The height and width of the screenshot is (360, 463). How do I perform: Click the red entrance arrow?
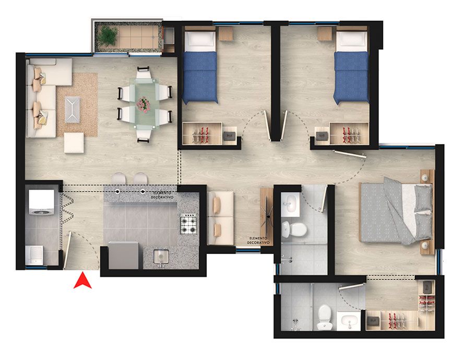pyautogui.click(x=82, y=281)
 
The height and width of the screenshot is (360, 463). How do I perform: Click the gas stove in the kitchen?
pyautogui.click(x=188, y=224)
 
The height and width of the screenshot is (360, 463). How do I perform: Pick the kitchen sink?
pyautogui.click(x=161, y=257)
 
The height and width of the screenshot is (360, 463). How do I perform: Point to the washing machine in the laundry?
pyautogui.click(x=41, y=202)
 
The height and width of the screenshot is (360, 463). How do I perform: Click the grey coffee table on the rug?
pyautogui.click(x=73, y=110)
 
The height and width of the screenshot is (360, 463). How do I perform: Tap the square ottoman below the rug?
pyautogui.click(x=74, y=143)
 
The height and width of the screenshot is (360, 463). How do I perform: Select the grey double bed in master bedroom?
pyautogui.click(x=396, y=211)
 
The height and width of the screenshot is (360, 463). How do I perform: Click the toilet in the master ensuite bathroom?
pyautogui.click(x=325, y=318)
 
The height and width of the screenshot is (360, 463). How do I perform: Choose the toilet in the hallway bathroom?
pyautogui.click(x=294, y=229)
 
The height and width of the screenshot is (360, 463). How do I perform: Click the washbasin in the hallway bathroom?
pyautogui.click(x=291, y=203)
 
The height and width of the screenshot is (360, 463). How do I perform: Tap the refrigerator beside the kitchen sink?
pyautogui.click(x=123, y=256)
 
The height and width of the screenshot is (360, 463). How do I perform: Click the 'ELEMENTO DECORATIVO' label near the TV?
pyautogui.click(x=259, y=240)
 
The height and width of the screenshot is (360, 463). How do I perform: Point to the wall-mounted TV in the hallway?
pyautogui.click(x=267, y=217)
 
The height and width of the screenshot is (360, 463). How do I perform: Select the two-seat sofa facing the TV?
pyautogui.click(x=221, y=218)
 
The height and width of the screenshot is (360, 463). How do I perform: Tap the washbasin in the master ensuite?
pyautogui.click(x=350, y=320)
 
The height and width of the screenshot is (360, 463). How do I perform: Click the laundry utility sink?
pyautogui.click(x=34, y=255)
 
